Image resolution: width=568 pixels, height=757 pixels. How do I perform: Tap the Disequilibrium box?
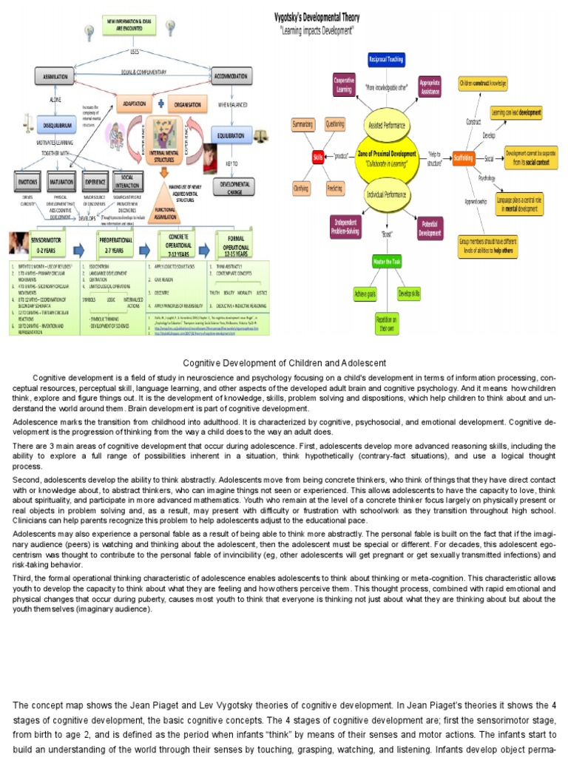click(56, 123)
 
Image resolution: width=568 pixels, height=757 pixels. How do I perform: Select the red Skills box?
click(318, 157)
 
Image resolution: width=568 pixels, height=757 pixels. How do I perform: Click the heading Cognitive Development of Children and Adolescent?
click(284, 362)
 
